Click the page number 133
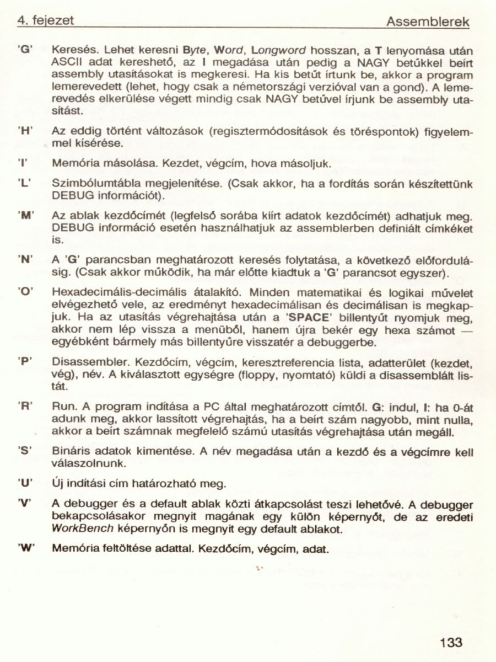point(451,642)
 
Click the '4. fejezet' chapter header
point(46,20)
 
